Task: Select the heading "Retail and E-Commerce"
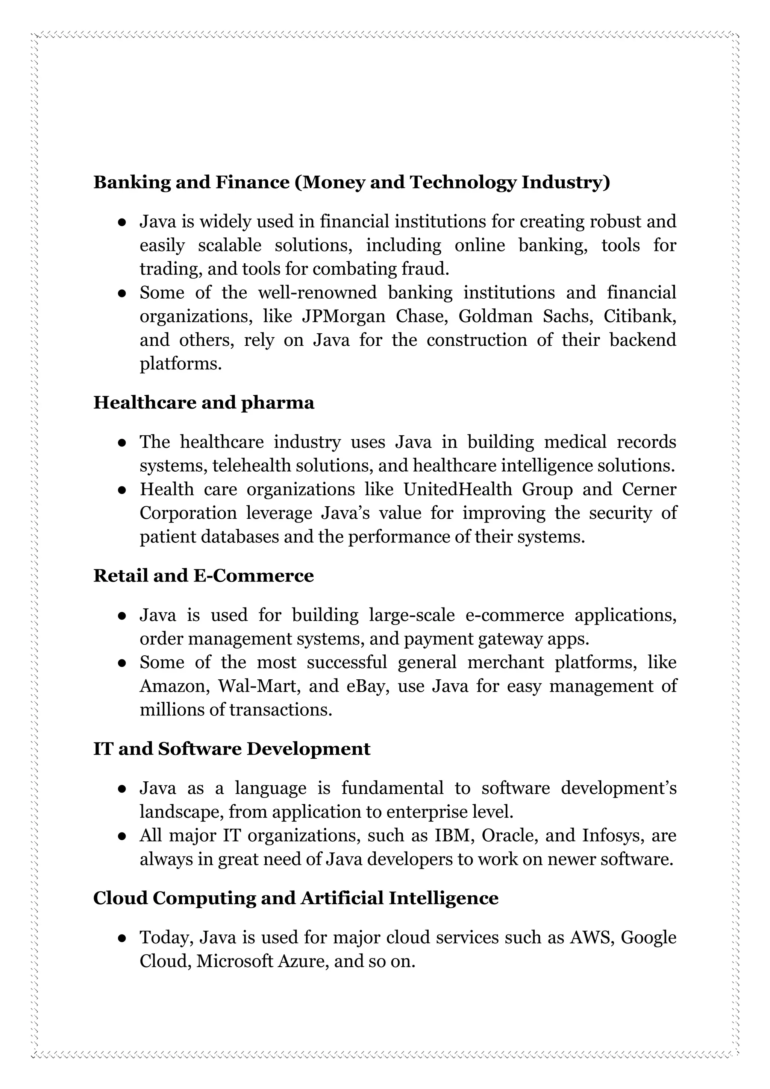click(x=203, y=576)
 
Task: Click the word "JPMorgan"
click(x=344, y=316)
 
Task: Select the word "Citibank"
click(x=639, y=316)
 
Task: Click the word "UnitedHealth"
click(x=458, y=489)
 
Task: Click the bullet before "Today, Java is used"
click(x=122, y=938)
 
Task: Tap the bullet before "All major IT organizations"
click(x=122, y=836)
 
